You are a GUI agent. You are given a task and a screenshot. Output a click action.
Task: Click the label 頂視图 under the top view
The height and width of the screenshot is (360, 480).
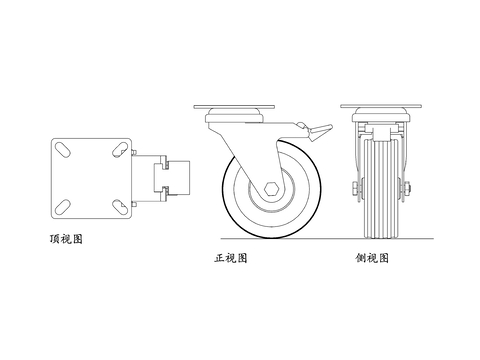pyautogui.click(x=65, y=239)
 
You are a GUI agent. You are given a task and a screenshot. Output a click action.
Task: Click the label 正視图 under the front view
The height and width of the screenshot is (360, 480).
pyautogui.click(x=231, y=258)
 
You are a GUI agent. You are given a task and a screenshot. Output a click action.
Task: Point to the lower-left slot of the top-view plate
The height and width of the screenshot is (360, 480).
pyautogui.click(x=62, y=205)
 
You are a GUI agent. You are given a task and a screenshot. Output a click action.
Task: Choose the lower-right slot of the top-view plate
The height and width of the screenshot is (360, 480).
pyautogui.click(x=117, y=205)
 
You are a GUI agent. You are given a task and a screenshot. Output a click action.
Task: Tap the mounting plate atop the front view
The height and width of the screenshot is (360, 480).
pyautogui.click(x=233, y=108)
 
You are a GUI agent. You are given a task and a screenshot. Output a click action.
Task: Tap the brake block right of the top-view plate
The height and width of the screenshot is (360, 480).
pyautogui.click(x=162, y=177)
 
